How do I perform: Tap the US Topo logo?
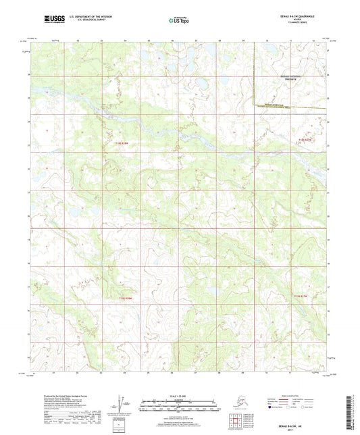(179, 21)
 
